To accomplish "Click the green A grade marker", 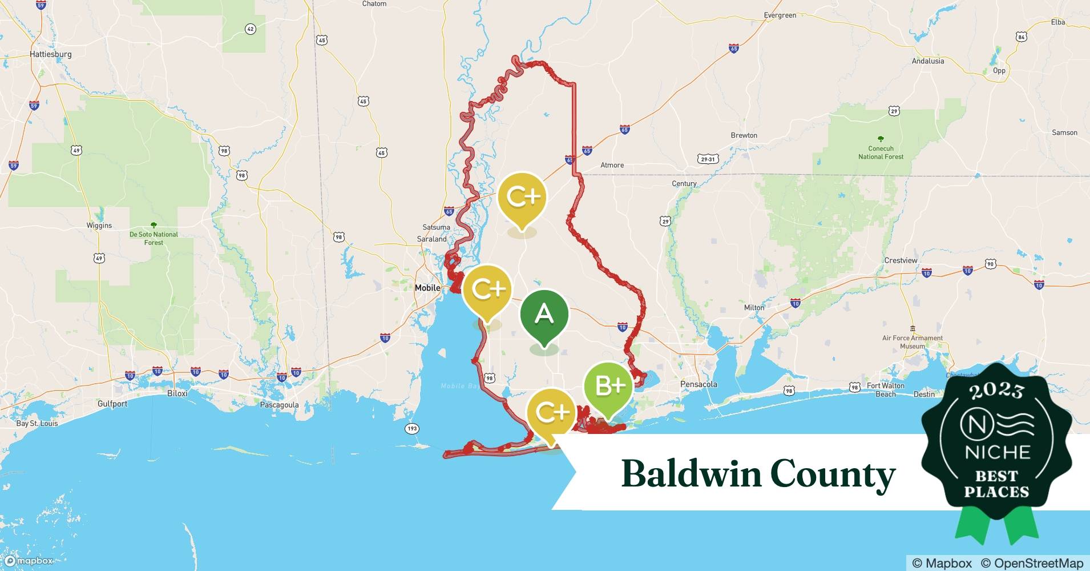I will (544, 315).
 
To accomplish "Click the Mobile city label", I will (427, 288).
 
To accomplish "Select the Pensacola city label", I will (699, 384).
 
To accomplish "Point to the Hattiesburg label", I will (51, 54).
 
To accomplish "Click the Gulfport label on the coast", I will (112, 404).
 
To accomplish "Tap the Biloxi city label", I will (177, 393).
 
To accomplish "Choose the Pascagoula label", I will (279, 405).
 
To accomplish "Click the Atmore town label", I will (612, 165).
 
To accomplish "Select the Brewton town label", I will (744, 135).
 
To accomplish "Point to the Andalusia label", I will (927, 61).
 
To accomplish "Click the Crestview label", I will (901, 260).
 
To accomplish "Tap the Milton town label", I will (754, 307).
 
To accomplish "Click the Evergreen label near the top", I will (780, 15).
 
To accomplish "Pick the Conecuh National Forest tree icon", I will (881, 139).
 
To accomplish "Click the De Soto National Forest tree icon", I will (153, 225).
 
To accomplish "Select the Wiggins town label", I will (99, 226).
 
